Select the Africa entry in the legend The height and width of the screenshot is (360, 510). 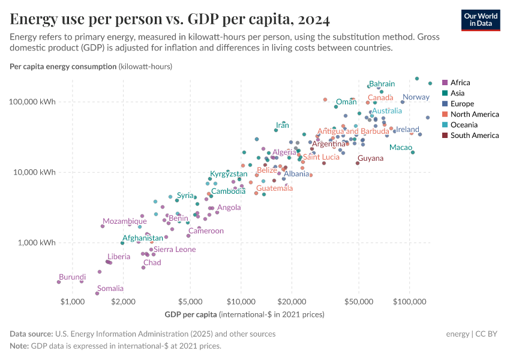(x=460, y=83)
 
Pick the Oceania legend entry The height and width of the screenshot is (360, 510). (x=464, y=125)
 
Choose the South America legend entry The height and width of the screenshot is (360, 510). (x=475, y=136)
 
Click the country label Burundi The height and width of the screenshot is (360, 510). (x=72, y=277)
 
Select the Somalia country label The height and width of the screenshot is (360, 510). (x=110, y=289)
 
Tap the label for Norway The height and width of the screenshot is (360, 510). (x=416, y=97)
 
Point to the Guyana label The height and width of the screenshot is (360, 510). (x=370, y=158)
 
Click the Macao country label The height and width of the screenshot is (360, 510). (x=400, y=148)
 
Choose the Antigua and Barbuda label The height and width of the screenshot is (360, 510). (x=353, y=131)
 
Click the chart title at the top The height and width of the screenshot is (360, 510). (x=170, y=20)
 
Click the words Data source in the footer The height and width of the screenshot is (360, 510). (x=31, y=334)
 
